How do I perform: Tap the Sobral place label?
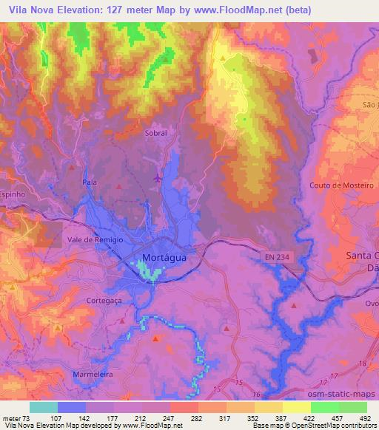pyautogui.click(x=155, y=134)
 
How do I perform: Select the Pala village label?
pyautogui.click(x=90, y=181)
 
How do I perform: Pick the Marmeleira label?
pyautogui.click(x=93, y=375)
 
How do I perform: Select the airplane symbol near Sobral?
pyautogui.click(x=157, y=177)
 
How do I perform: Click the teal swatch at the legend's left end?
pyautogui.click(x=43, y=407)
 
